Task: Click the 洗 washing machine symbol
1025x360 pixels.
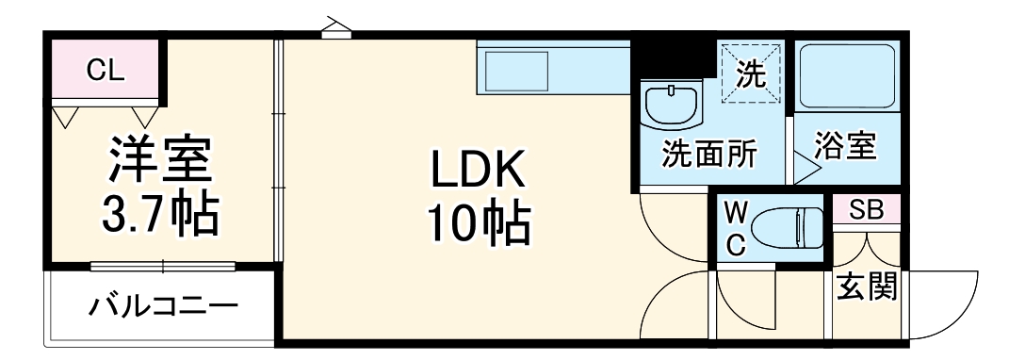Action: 750,73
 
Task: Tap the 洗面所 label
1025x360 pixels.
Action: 708,154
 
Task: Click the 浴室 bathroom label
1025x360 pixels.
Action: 845,147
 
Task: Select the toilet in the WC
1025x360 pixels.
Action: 790,226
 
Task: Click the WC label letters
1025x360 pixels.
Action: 736,226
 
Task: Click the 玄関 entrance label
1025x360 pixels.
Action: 868,283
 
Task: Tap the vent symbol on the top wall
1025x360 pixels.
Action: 333,27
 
